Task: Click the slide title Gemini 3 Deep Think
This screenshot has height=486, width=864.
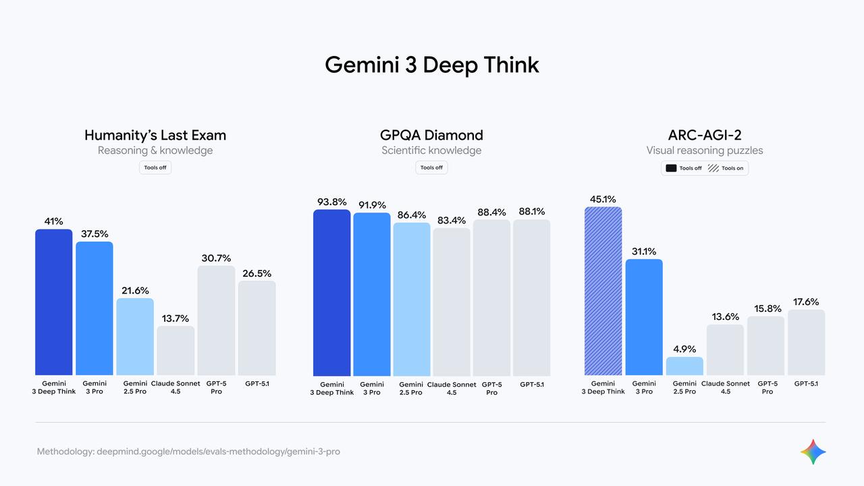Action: (x=431, y=65)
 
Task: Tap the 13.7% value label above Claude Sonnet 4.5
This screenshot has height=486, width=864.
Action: (x=175, y=319)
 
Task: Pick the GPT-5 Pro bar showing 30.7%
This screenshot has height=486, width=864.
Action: (x=216, y=321)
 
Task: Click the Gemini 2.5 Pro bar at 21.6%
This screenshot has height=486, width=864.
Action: (x=135, y=337)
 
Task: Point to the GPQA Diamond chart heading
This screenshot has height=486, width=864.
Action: (x=431, y=135)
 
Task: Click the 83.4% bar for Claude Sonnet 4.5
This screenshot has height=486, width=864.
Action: (x=452, y=302)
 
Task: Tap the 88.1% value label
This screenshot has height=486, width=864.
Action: (x=532, y=211)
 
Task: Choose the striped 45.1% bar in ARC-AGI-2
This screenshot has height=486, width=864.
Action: (x=603, y=291)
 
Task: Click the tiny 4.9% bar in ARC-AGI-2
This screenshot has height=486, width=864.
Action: (x=684, y=367)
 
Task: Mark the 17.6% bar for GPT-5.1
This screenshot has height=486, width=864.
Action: (x=806, y=343)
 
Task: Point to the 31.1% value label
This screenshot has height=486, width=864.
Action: (x=644, y=251)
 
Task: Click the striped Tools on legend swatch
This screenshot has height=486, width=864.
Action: (x=713, y=168)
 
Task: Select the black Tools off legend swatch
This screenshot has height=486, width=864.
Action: (x=671, y=168)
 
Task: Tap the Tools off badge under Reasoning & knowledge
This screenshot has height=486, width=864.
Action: (x=155, y=167)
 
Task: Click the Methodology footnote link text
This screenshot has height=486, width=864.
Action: (x=188, y=451)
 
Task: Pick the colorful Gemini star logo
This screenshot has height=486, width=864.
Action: (x=813, y=452)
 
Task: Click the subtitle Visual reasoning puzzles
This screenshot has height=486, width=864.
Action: (x=704, y=151)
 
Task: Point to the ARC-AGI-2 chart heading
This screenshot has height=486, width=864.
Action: (x=704, y=135)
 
